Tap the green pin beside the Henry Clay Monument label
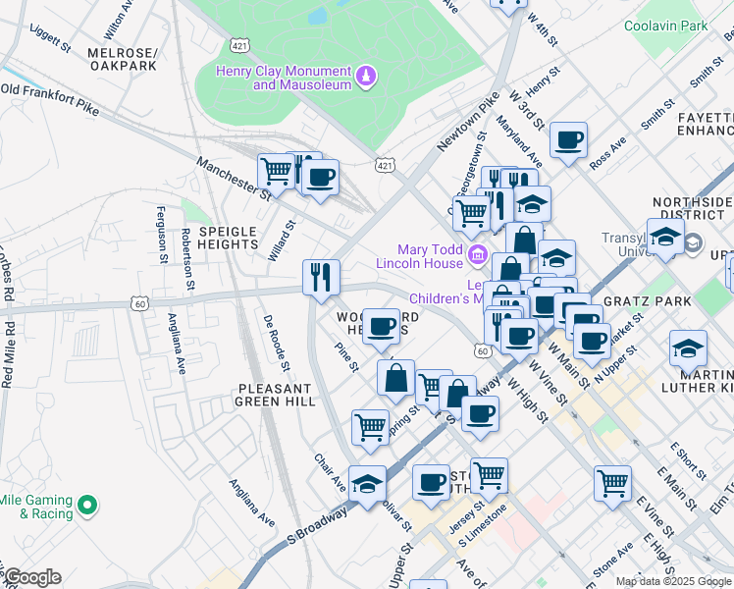pos(365,77)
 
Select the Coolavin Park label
pos(665,26)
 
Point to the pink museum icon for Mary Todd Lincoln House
pos(478,256)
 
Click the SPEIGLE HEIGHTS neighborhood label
pos(228,239)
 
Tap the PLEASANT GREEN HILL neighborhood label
pos(276,395)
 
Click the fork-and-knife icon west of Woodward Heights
pos(321,276)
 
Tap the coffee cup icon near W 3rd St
pos(568,139)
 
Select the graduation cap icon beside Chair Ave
pos(367,483)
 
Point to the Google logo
pos(32,577)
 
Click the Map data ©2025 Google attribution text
pos(673,581)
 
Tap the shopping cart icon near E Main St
pos(612,482)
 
